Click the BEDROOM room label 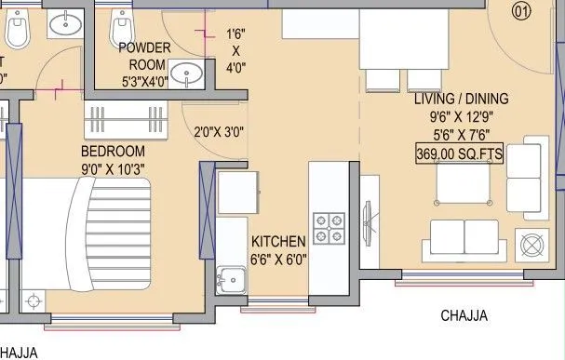click(112, 151)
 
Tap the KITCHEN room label click(278, 241)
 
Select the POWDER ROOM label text click(142, 56)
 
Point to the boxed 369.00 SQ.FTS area click(459, 153)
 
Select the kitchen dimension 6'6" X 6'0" click(279, 260)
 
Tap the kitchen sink click(229, 276)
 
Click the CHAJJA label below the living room click(464, 316)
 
